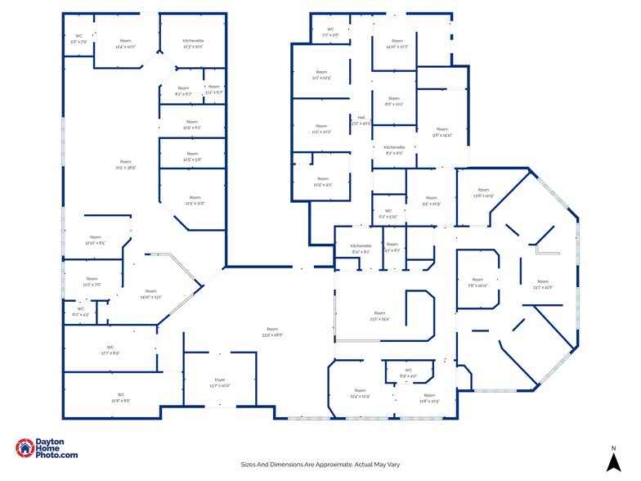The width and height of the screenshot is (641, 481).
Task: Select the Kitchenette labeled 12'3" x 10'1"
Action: coord(194,43)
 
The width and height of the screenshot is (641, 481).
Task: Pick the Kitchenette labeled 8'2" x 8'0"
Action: coord(394,150)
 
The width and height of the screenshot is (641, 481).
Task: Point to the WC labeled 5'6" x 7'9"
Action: coord(79,38)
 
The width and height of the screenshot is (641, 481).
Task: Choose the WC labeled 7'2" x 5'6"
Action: coord(330,33)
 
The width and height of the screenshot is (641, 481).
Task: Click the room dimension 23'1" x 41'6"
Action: coord(543,287)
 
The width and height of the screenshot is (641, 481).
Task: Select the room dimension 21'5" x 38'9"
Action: coord(125,168)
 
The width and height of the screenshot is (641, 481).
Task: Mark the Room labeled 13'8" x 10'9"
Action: coord(483,193)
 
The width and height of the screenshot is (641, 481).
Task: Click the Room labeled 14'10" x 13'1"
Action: coord(151,294)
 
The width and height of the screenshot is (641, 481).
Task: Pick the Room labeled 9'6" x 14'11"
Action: coord(442,132)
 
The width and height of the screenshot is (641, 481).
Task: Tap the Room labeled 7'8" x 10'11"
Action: coord(477,282)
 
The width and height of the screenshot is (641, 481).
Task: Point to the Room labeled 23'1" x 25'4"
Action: coord(379,316)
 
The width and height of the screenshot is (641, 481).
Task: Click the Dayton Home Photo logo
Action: coord(47,448)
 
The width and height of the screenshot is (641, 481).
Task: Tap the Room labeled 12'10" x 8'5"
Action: coord(96,240)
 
